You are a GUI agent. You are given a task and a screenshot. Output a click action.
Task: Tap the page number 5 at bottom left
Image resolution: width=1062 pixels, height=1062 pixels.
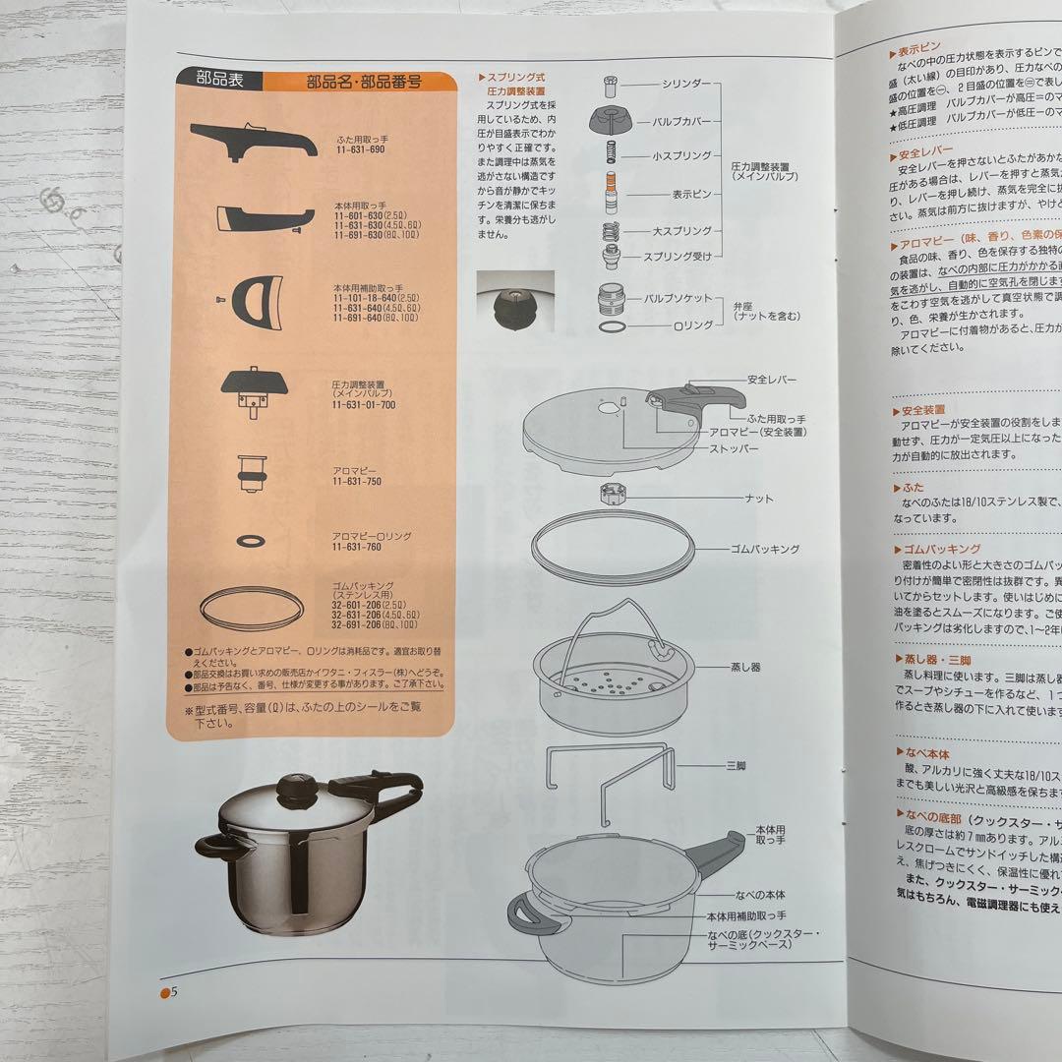coord(173,991)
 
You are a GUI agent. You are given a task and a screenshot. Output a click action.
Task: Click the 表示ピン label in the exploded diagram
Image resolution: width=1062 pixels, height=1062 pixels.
coord(691,195)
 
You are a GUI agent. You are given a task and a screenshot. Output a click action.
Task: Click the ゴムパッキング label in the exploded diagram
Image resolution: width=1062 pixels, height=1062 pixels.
coord(764,549)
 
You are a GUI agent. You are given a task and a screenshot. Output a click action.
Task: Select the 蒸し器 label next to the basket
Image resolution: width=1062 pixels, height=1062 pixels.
coord(746,668)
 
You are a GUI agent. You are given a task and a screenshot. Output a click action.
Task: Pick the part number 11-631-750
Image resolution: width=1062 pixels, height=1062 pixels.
coord(356,482)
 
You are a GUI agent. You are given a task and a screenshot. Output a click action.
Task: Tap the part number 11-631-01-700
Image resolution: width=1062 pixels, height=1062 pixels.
coord(364,404)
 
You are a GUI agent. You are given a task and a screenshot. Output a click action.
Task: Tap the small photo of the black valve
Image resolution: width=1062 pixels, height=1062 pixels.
coord(513,306)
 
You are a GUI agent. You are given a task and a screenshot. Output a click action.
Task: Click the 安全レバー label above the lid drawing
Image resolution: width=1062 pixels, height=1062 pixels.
coord(772,380)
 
